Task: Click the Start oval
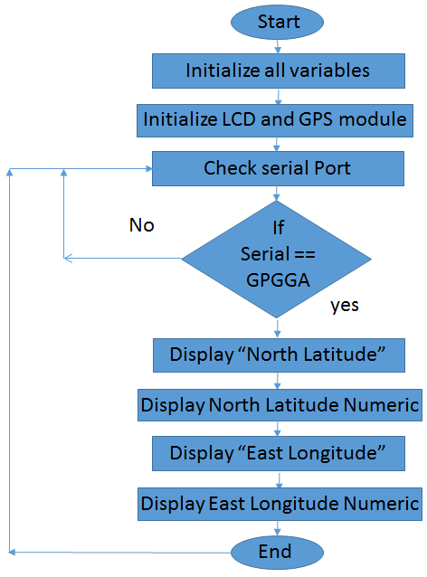[279, 21]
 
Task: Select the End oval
[275, 551]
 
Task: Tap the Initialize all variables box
[278, 70]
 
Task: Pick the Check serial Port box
[278, 167]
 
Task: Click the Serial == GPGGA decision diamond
[278, 257]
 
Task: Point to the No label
[141, 224]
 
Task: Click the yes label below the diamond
[345, 305]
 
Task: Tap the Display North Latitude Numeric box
[280, 404]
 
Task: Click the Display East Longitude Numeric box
[280, 502]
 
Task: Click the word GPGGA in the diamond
[278, 280]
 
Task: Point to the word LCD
[248, 118]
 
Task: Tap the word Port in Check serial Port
[331, 167]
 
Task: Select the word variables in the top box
[329, 70]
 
